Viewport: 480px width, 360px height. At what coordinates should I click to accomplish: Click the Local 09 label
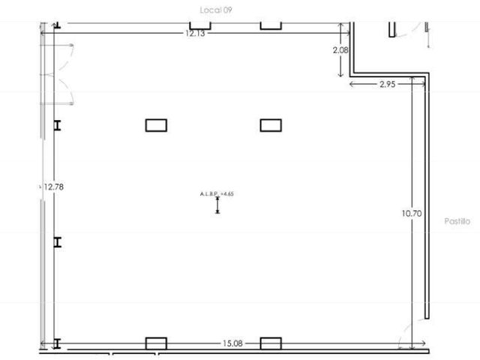pyautogui.click(x=216, y=10)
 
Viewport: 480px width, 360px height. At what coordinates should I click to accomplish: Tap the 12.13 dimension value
pyautogui.click(x=195, y=33)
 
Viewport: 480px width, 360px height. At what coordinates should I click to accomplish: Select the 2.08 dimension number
pyautogui.click(x=340, y=50)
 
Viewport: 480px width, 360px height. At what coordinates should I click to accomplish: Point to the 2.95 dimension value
pyautogui.click(x=387, y=84)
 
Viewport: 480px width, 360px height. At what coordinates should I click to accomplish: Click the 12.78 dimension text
pyautogui.click(x=53, y=187)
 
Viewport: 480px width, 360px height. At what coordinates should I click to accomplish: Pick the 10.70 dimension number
pyautogui.click(x=412, y=213)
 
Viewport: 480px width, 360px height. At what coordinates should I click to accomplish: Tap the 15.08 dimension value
pyautogui.click(x=232, y=343)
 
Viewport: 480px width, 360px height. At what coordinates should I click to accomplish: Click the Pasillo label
pyautogui.click(x=457, y=221)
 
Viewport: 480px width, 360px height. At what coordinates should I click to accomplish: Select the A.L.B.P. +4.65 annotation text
pyautogui.click(x=217, y=193)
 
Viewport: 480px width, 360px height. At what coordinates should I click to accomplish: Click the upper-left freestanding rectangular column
pyautogui.click(x=156, y=125)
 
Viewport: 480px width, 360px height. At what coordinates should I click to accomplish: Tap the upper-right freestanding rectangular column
pyautogui.click(x=271, y=125)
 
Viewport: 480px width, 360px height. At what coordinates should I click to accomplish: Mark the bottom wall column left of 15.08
pyautogui.click(x=156, y=343)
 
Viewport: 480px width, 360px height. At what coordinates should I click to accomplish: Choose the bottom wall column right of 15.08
pyautogui.click(x=271, y=343)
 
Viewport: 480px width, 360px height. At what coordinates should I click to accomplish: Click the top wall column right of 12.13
pyautogui.click(x=271, y=26)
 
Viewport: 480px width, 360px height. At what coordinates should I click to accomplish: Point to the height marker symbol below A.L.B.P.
pyautogui.click(x=217, y=205)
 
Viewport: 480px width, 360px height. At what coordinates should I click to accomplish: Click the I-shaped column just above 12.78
pyautogui.click(x=57, y=125)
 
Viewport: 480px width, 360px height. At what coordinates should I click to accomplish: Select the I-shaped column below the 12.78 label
pyautogui.click(x=57, y=242)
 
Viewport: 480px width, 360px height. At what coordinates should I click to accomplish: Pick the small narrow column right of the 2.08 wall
pyautogui.click(x=391, y=30)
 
